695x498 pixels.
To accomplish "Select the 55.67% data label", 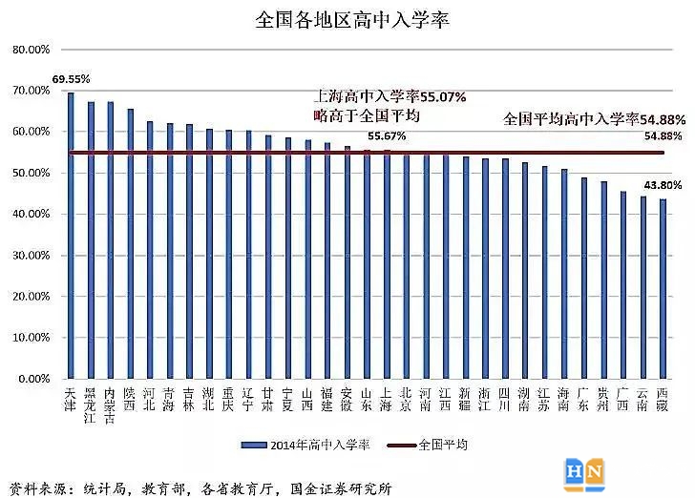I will pos(387,135).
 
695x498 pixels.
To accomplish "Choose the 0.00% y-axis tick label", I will pos(32,380).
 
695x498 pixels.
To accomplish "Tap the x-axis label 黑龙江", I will pos(91,405).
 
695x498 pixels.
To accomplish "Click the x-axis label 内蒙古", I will pos(110,405).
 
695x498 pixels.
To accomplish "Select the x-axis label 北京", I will pos(406,399).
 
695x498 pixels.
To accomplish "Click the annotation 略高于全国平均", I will pos(367,115).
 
